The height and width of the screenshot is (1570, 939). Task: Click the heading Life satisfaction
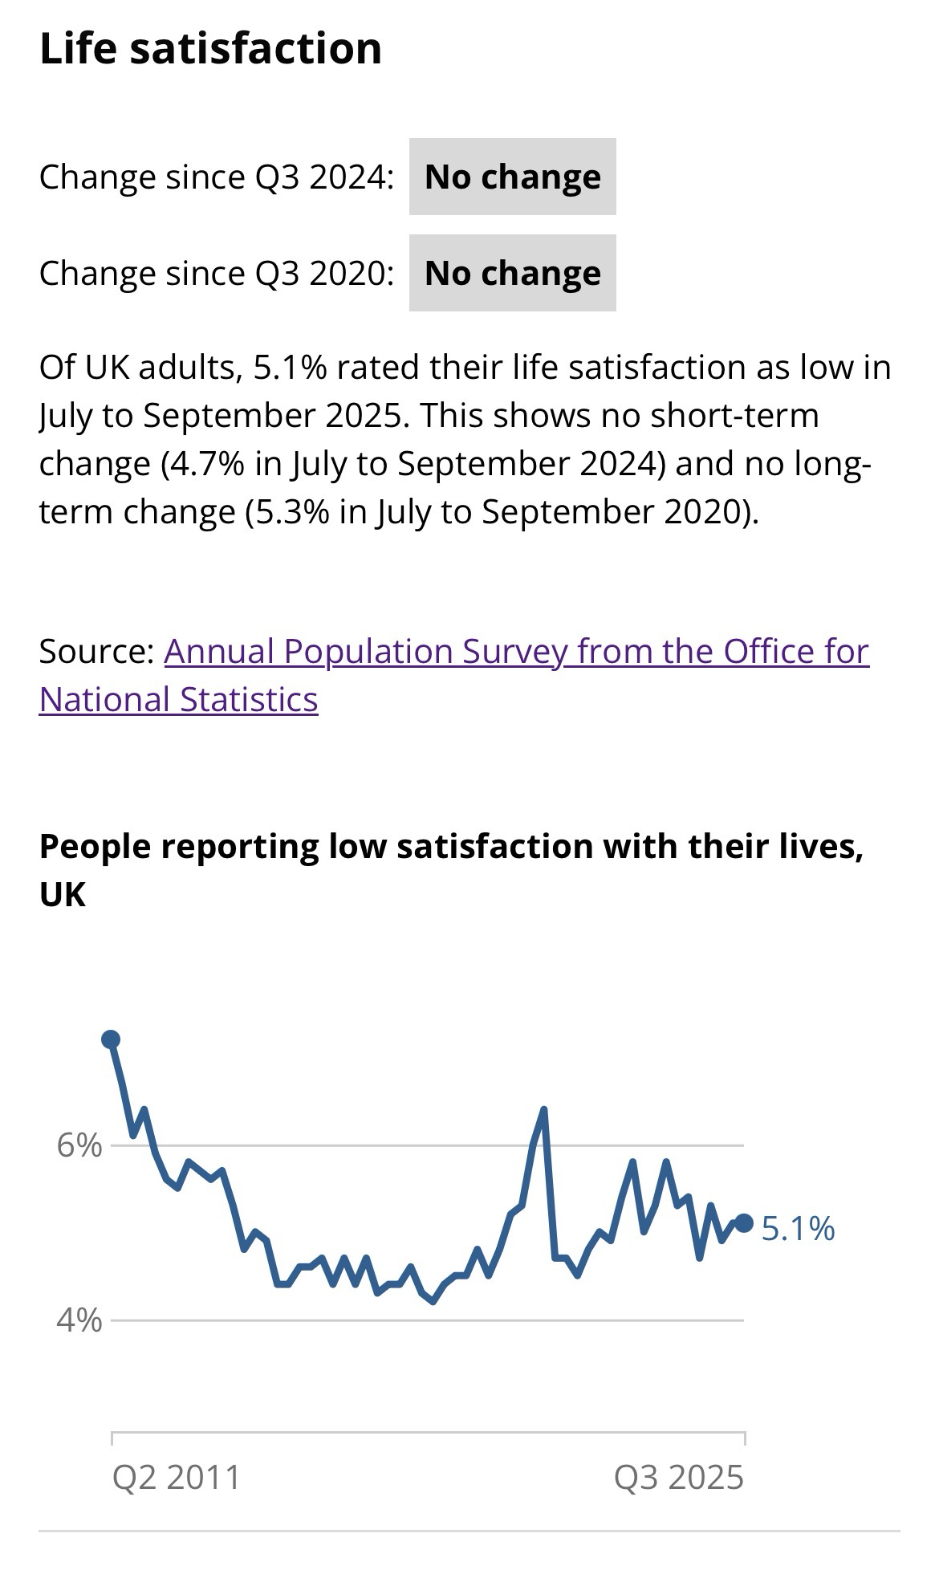[x=210, y=49]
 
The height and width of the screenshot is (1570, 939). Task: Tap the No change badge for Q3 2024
[x=512, y=177]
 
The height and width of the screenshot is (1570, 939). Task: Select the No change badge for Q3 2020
[x=512, y=273]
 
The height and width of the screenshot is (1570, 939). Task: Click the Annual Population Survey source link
[x=516, y=651]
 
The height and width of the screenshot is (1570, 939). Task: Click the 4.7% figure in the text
[x=202, y=464]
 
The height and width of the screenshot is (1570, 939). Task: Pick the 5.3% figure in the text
[x=287, y=512]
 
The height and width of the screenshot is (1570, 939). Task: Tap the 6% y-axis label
[x=79, y=1145]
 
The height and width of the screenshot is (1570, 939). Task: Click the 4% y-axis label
[x=79, y=1319]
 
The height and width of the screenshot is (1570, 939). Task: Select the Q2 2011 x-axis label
[x=176, y=1478]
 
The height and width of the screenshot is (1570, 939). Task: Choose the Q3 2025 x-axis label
[x=679, y=1478]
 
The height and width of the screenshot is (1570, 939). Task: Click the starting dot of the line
[x=111, y=1039]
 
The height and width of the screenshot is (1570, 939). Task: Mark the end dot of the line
[x=744, y=1222]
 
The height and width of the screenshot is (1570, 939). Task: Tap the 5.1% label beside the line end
[x=798, y=1229]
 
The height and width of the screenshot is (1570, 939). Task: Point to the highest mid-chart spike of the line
[x=544, y=1111]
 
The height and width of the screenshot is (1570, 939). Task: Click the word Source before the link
[x=95, y=651]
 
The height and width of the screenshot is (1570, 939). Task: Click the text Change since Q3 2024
[x=216, y=177]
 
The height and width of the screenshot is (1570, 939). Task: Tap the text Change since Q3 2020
[x=216, y=273]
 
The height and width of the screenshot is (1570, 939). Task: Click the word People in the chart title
[x=94, y=847]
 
